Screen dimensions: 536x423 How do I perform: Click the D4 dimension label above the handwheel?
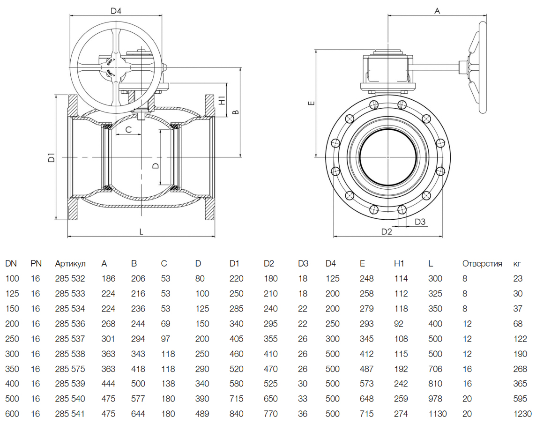click(116, 11)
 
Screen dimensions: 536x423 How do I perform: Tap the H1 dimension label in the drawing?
click(222, 100)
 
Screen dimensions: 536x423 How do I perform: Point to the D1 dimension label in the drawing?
click(51, 157)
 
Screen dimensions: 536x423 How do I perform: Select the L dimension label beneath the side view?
click(141, 232)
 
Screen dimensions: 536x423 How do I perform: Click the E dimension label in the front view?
click(311, 103)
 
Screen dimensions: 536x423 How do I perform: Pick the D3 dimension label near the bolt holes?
click(420, 222)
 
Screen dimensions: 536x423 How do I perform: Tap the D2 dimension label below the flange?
click(387, 232)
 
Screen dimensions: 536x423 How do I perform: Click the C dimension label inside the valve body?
click(128, 129)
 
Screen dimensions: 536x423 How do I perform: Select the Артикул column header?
click(70, 264)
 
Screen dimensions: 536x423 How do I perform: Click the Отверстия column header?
click(482, 264)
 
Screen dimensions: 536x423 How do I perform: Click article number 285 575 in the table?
click(70, 369)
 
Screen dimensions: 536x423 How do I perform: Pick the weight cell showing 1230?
click(522, 414)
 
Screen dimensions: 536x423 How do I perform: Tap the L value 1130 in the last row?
click(438, 414)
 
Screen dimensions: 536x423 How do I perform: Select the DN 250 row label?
click(12, 339)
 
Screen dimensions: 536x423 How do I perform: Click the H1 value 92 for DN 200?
click(399, 324)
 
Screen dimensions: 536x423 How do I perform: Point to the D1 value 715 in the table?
click(236, 399)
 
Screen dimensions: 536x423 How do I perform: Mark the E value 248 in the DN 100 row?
click(366, 278)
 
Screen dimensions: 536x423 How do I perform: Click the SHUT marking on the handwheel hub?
click(110, 62)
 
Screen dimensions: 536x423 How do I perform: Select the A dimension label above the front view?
click(437, 11)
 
